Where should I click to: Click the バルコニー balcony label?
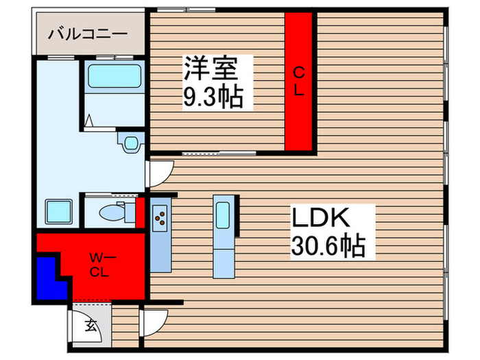[x=87, y=33]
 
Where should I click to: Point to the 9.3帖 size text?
[x=213, y=99]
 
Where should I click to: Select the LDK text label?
[x=324, y=218]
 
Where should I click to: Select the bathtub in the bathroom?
[x=114, y=77]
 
